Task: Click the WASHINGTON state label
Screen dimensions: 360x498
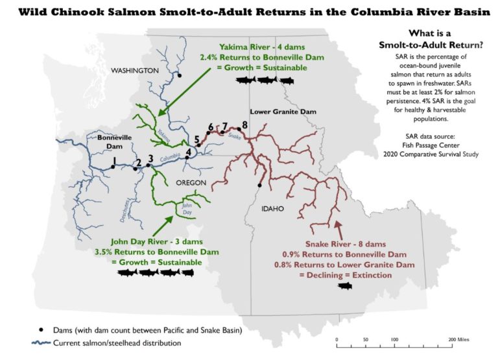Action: (134, 70)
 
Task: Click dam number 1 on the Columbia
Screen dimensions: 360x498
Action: (113, 167)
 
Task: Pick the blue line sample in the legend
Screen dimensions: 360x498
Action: (40, 342)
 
